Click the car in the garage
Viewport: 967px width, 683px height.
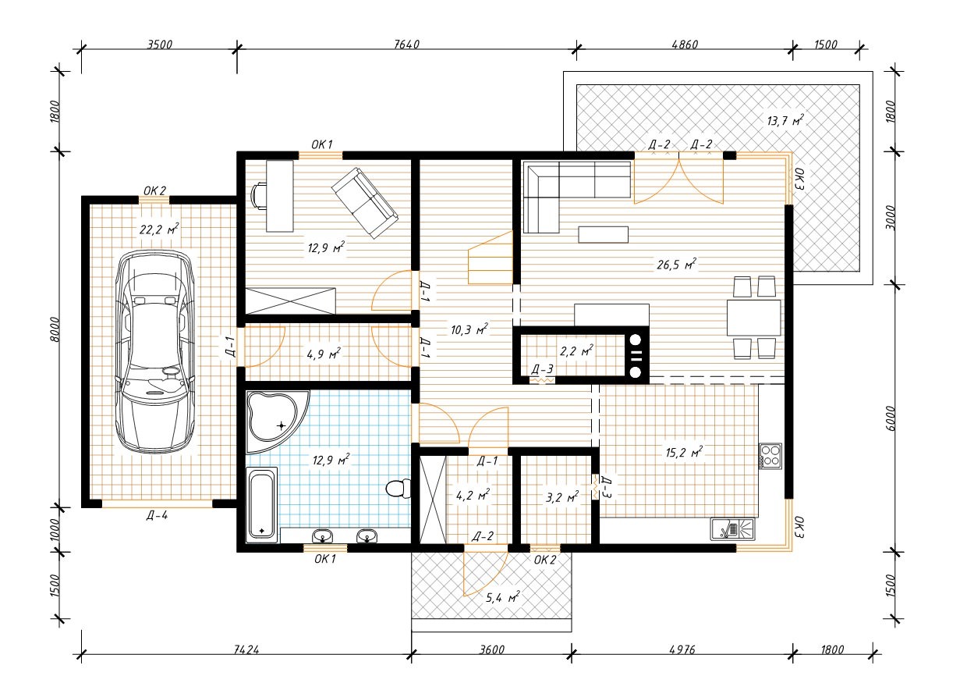154,351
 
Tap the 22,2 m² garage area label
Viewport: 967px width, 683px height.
159,229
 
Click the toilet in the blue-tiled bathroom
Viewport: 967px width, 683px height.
398,489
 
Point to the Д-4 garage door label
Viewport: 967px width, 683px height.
157,515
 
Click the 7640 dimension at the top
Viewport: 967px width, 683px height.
406,44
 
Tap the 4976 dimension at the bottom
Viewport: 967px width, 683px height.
682,650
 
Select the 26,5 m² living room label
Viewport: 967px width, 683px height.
676,264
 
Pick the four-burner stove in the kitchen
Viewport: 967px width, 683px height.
770,456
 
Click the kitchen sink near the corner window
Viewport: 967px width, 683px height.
733,529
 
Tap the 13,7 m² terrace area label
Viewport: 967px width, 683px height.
785,120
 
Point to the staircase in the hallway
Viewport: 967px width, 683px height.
491,258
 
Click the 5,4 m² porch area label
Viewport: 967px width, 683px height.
502,598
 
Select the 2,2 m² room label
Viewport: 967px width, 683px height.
576,350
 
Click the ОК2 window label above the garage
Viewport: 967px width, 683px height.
154,190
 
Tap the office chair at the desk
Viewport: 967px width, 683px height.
259,196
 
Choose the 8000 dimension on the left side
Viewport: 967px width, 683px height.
55,329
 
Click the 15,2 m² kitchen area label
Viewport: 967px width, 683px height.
684,453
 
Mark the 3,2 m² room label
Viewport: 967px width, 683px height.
562,497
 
